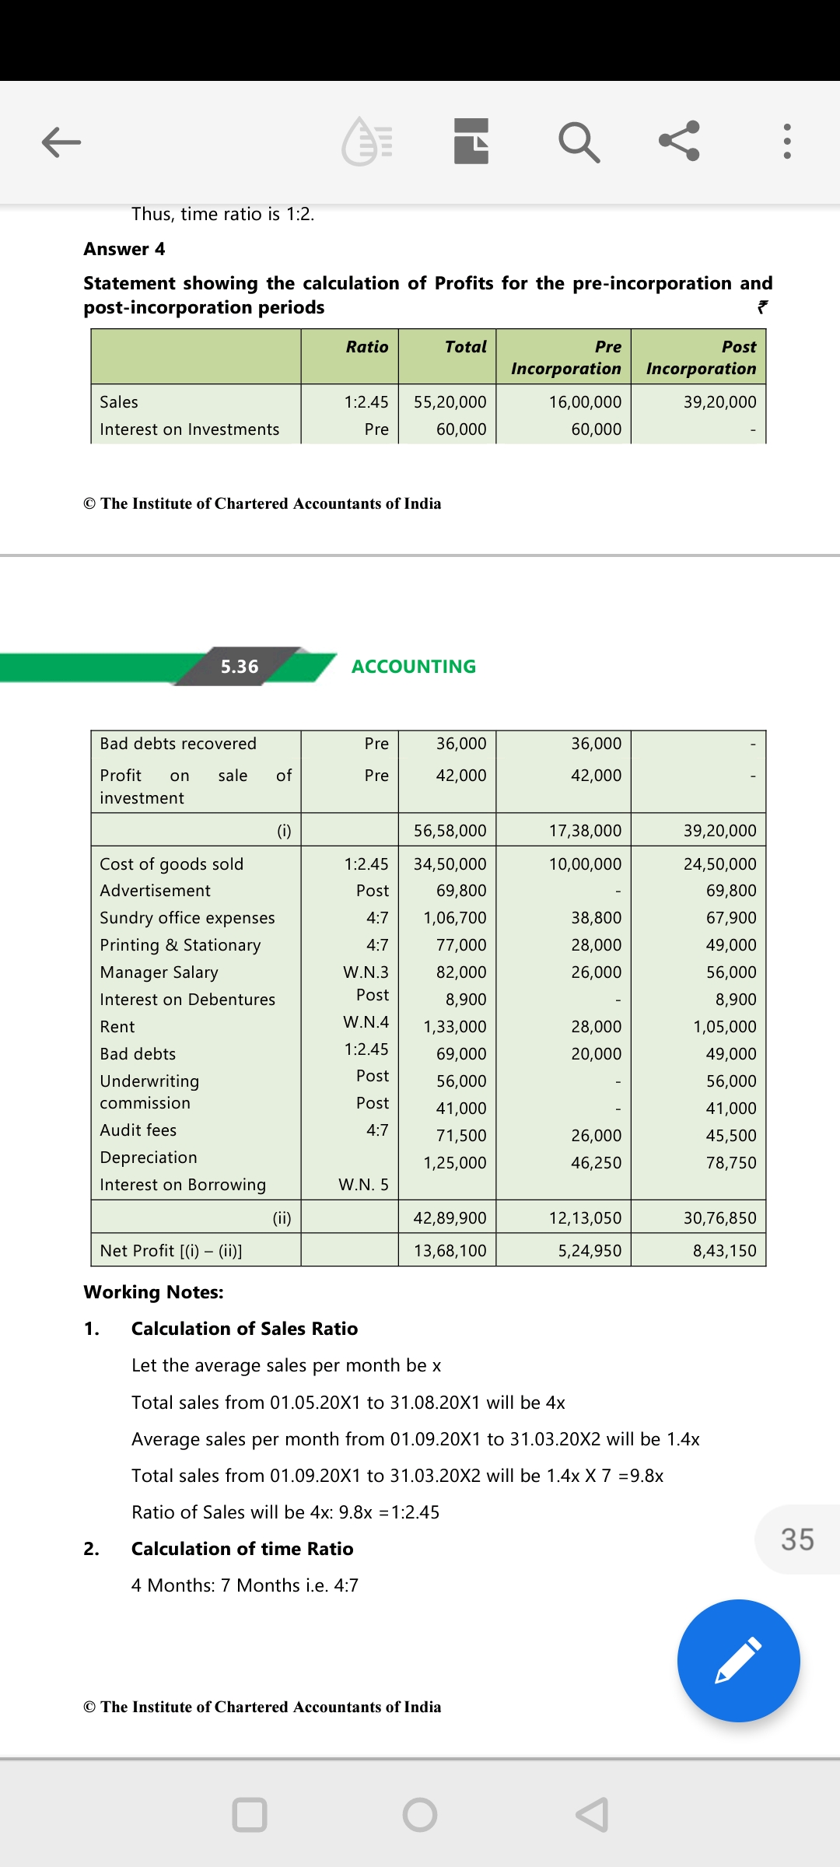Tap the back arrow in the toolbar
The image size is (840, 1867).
[61, 142]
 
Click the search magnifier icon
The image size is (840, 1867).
[579, 142]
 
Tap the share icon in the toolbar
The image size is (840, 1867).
[679, 141]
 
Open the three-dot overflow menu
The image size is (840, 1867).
[787, 142]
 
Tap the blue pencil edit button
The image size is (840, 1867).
[738, 1660]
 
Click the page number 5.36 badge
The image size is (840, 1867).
[239, 667]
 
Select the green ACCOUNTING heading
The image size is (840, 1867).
[413, 667]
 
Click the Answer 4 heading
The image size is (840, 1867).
[124, 249]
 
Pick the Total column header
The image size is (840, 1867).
[465, 347]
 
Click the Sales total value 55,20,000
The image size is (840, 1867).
[450, 402]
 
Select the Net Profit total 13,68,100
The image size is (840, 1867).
[450, 1251]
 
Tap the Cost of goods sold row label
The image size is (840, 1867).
[172, 864]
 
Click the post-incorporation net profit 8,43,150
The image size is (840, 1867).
[724, 1251]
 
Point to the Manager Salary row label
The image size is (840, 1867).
[159, 972]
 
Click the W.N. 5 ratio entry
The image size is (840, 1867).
[363, 1185]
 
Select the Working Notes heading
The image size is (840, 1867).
[154, 1292]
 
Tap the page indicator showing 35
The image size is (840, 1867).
[797, 1539]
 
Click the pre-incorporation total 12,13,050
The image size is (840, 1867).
[585, 1218]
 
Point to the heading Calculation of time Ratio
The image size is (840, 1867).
[242, 1549]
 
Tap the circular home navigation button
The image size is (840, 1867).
[420, 1815]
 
